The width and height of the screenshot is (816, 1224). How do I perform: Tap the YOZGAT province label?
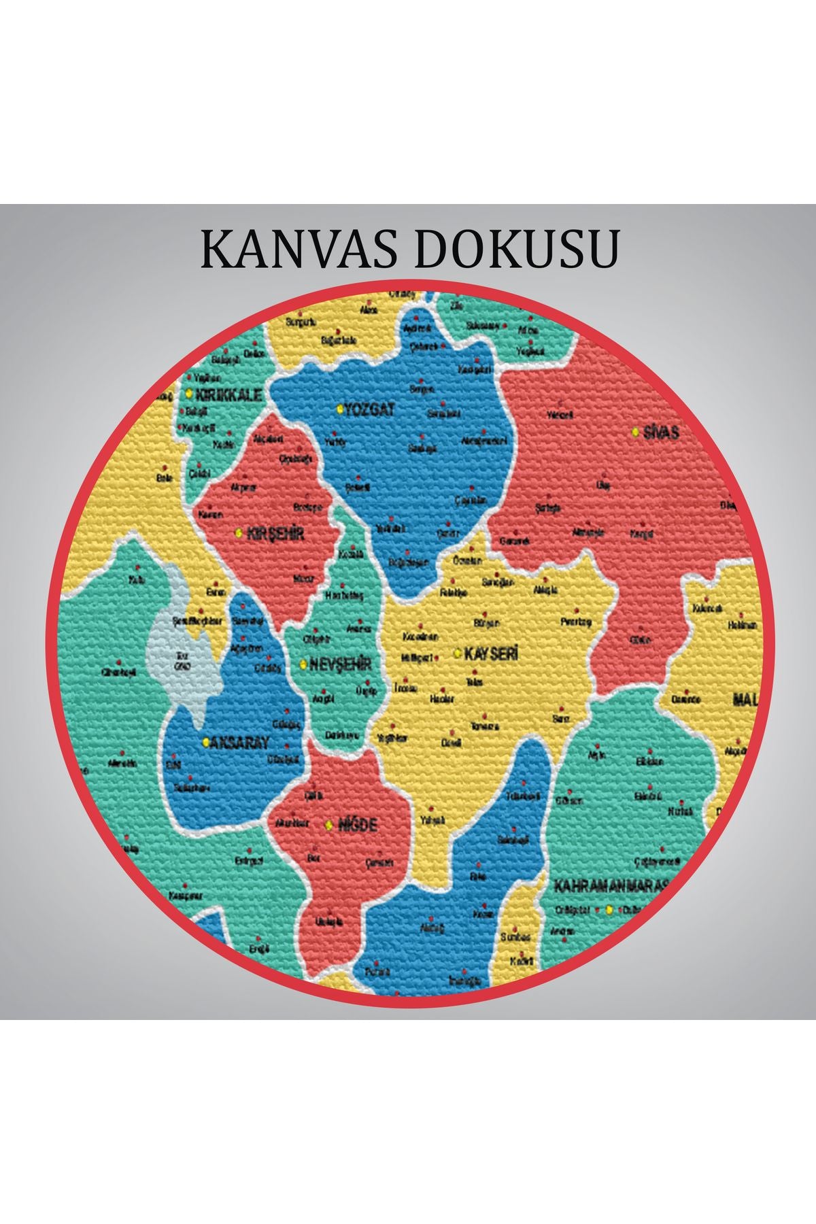point(371,409)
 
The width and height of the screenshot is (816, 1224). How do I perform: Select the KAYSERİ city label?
point(491,653)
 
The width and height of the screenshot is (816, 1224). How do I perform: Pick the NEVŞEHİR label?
point(340,664)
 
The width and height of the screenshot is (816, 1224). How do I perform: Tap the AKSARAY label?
point(239,743)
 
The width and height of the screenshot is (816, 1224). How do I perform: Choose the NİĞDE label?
point(358,825)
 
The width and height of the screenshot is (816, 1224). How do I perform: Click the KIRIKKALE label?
point(228,394)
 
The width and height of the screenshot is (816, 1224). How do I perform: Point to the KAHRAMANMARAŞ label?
point(611,886)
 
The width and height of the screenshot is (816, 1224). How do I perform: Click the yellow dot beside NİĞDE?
point(329,825)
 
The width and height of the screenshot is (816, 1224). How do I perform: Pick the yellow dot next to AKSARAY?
point(205,743)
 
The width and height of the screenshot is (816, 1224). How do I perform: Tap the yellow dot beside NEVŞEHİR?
point(303,665)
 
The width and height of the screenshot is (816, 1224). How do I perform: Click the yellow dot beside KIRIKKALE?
point(189,394)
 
